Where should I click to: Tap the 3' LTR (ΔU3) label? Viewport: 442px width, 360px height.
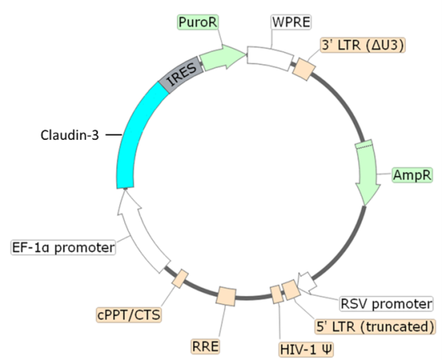click(x=362, y=45)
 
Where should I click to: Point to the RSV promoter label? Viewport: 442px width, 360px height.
click(x=386, y=303)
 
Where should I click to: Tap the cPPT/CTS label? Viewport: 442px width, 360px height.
click(x=128, y=316)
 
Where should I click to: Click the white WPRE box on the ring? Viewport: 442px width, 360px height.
click(x=270, y=56)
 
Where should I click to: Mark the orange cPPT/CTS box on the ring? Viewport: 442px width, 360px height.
click(x=179, y=278)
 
